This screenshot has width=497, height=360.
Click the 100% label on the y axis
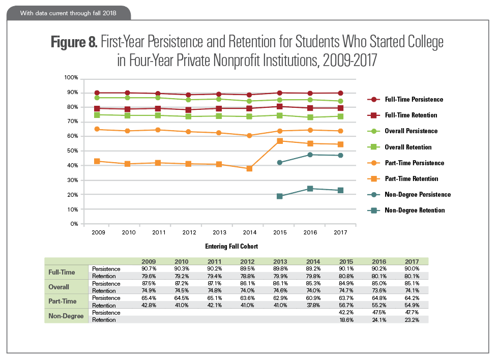point(70,78)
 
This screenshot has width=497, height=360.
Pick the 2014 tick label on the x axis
point(249,232)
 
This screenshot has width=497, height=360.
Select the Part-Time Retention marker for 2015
point(279,141)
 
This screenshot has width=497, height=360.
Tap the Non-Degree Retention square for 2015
point(279,196)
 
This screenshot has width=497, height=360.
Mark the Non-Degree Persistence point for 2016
point(310,154)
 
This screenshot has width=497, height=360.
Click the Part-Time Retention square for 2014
point(249,168)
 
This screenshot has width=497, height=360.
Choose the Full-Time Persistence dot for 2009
point(97,93)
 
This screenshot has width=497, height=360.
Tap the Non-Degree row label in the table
point(65,316)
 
